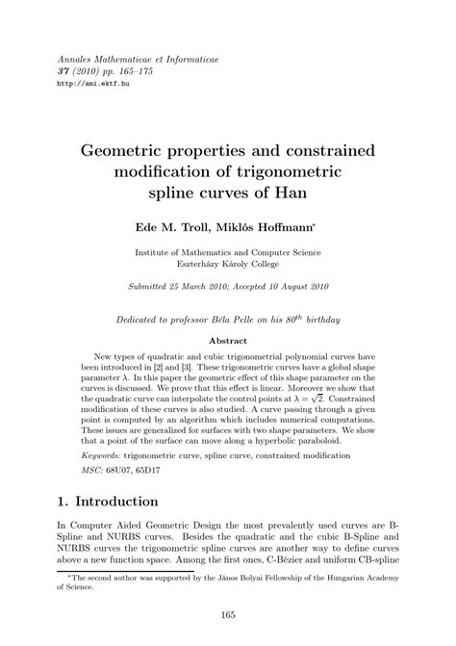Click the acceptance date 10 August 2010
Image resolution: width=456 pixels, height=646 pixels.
pos(297,286)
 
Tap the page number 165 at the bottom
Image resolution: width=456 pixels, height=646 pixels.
pos(228,617)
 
